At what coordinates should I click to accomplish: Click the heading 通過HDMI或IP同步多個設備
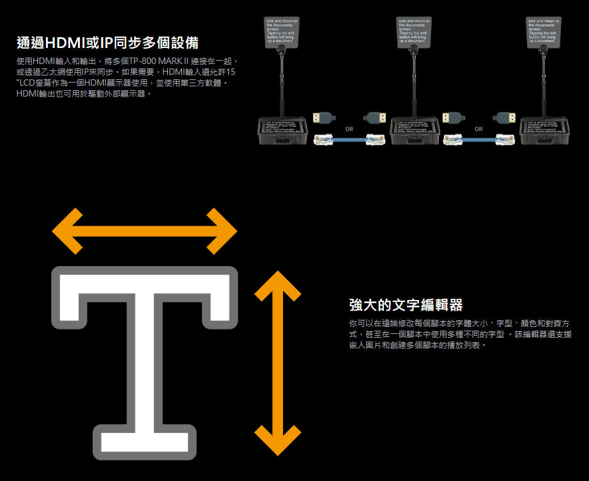107,43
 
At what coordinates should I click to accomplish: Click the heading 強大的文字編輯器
406,304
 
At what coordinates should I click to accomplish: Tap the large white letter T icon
144,362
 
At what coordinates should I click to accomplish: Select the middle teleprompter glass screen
414,33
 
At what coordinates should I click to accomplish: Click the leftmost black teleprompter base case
283,131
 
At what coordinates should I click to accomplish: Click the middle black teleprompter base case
414,131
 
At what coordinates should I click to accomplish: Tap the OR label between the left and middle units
349,129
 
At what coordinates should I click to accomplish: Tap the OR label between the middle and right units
478,129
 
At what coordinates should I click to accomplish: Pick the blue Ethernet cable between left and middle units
349,139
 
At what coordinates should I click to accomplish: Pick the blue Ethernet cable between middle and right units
478,139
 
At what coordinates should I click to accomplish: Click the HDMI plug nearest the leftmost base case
323,118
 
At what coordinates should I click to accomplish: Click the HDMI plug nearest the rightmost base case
506,118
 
